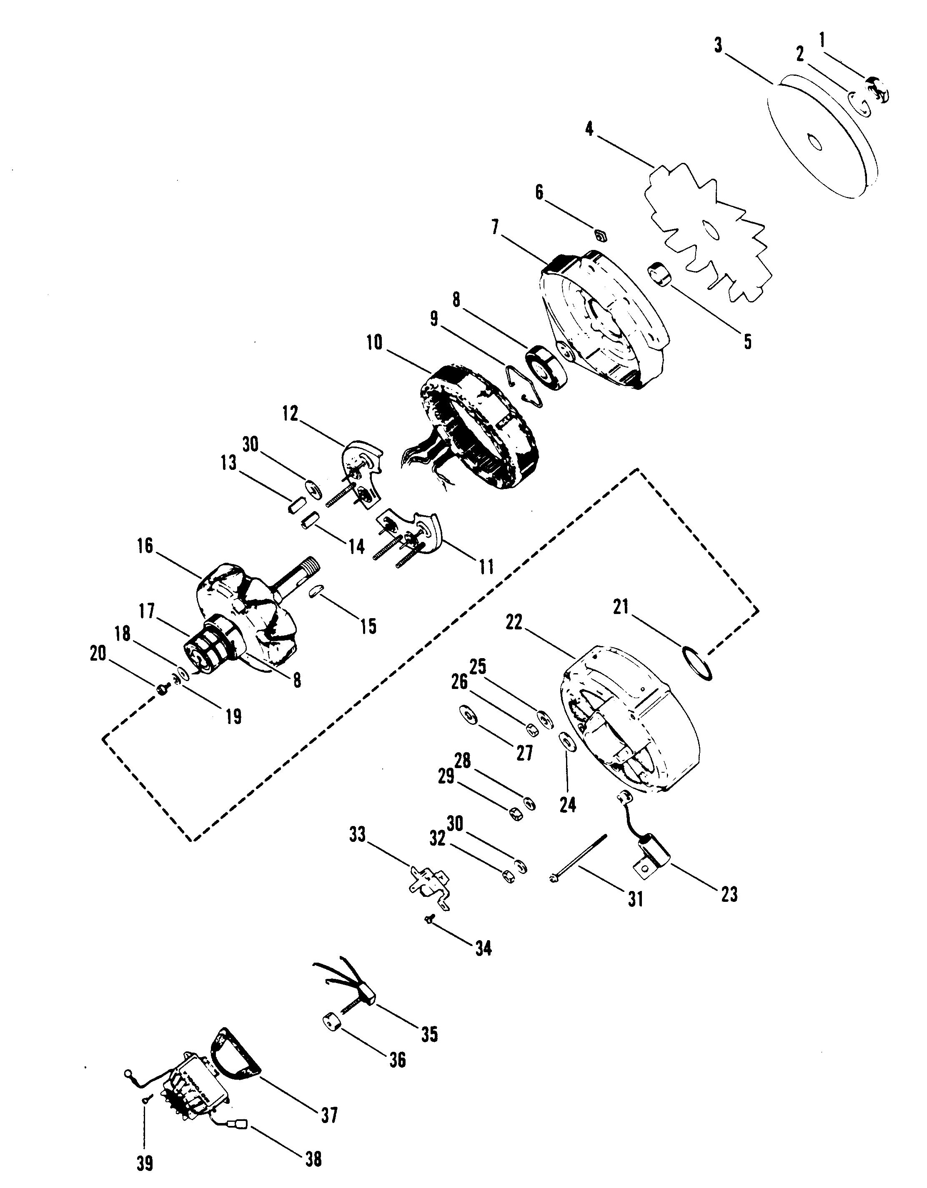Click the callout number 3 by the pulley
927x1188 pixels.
tap(719, 46)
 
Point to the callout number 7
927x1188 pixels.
tap(495, 227)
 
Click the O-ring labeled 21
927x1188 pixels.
tap(697, 663)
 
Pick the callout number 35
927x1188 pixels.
tap(429, 1034)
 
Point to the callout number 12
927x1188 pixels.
tap(290, 414)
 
